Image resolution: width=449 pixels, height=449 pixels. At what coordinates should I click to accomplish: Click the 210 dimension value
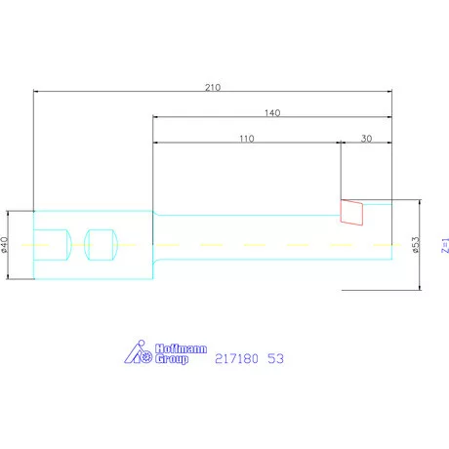[212, 87]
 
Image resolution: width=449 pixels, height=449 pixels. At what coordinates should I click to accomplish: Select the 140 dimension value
[272, 113]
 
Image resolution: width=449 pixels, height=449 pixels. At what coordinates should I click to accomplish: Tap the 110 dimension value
[246, 139]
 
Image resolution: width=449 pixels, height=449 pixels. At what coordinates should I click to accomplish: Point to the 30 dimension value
[366, 139]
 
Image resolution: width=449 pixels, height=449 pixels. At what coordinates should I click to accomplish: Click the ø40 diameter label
[6, 244]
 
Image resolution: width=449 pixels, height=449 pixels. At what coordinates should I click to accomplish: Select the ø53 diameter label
[416, 245]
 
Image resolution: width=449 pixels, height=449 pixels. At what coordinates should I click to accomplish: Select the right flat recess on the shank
[101, 244]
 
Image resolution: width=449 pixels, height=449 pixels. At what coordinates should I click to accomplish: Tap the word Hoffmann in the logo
[180, 347]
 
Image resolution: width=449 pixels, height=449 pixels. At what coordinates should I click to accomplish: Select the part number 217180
[237, 359]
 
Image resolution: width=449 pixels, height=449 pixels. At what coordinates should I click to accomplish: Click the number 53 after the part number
[275, 359]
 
